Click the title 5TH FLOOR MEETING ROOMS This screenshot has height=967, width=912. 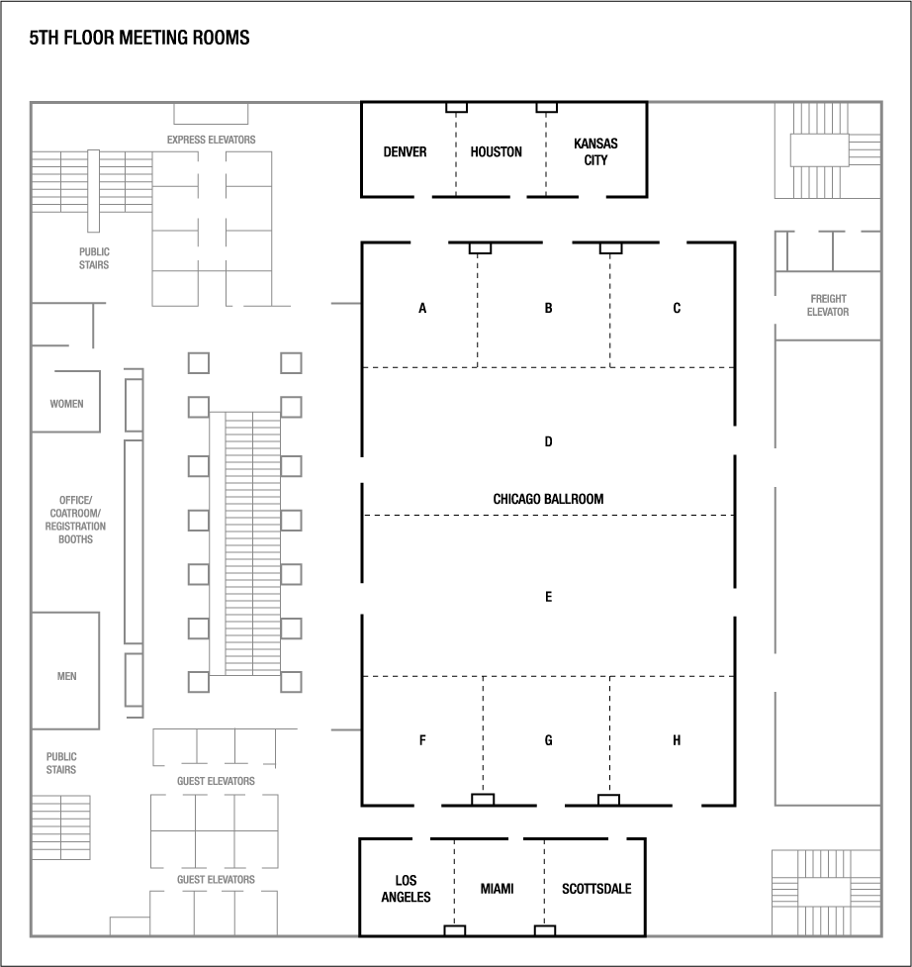click(x=139, y=39)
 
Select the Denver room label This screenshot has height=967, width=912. click(x=405, y=151)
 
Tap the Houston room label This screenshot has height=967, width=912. click(x=496, y=151)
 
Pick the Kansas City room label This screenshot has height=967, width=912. click(x=595, y=151)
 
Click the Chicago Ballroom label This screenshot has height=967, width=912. click(x=548, y=499)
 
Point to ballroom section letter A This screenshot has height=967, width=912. click(x=422, y=308)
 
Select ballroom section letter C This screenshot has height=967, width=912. click(x=677, y=308)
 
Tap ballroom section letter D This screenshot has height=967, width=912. click(x=548, y=441)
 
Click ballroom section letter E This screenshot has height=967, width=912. click(x=548, y=597)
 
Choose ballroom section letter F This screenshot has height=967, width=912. click(x=422, y=740)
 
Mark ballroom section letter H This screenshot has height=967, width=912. click(x=677, y=740)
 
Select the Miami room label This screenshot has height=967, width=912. click(x=498, y=889)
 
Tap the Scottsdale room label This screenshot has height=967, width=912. click(x=596, y=889)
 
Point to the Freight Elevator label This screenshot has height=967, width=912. click(x=829, y=305)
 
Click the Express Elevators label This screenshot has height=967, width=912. click(x=211, y=140)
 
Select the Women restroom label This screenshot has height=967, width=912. click(x=66, y=404)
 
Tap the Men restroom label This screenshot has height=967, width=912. click(x=66, y=676)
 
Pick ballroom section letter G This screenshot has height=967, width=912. click(x=548, y=740)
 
